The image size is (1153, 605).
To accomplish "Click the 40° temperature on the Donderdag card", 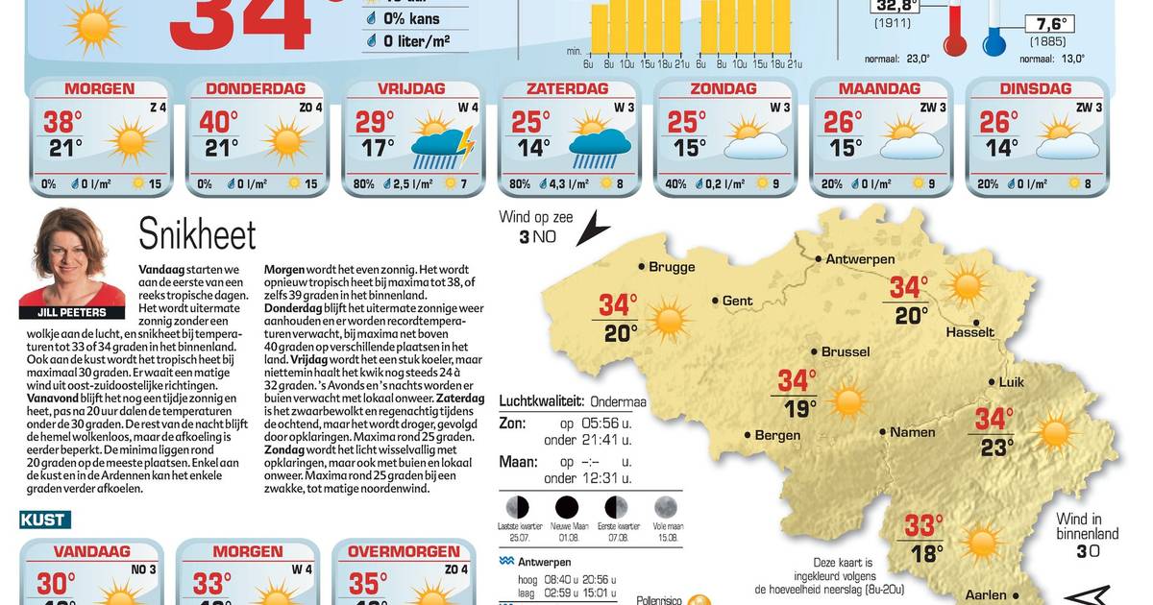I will [217, 122].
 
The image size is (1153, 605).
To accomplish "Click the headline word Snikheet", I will [197, 233].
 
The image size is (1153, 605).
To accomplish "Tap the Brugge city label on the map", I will [672, 267].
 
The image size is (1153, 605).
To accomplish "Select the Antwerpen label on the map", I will [860, 259].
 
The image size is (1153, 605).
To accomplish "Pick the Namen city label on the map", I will [913, 432].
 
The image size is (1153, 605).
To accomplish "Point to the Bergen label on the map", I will [778, 435].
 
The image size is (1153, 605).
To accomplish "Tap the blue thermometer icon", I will [994, 34].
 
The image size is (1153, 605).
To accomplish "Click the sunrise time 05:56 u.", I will [607, 423].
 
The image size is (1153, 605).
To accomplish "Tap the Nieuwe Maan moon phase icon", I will [566, 506].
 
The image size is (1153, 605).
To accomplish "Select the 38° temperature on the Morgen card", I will [60, 122].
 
